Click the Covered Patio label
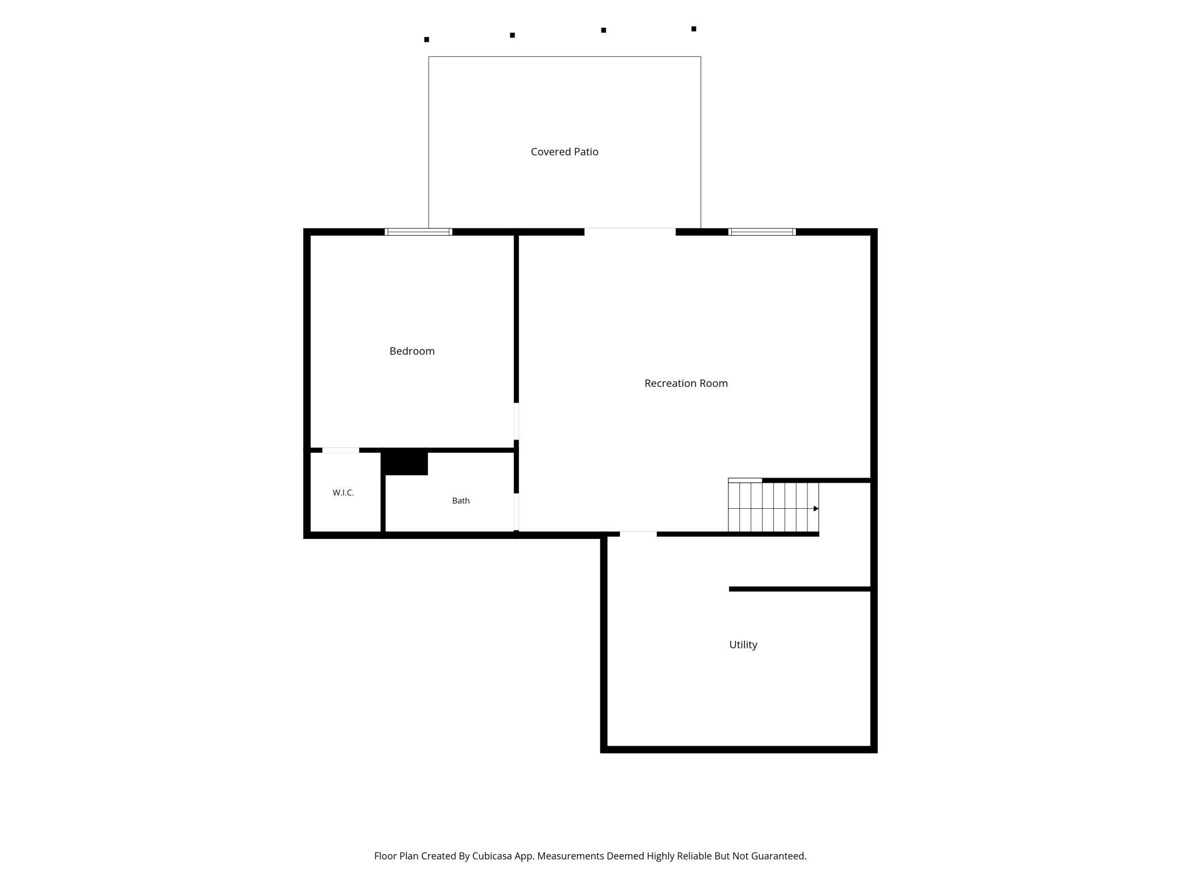point(564,152)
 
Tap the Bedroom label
point(412,351)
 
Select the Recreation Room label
point(686,383)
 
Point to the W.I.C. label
point(343,492)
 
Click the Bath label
point(460,500)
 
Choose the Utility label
point(743,645)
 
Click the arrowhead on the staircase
point(816,508)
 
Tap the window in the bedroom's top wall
point(418,232)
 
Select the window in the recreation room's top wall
point(762,232)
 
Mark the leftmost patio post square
point(426,40)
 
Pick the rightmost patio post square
point(694,29)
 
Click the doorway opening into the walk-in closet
point(341,450)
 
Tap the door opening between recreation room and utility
point(638,534)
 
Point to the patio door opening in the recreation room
point(630,232)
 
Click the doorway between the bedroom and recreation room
point(516,421)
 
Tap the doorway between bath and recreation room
point(516,512)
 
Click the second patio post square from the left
point(512,35)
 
